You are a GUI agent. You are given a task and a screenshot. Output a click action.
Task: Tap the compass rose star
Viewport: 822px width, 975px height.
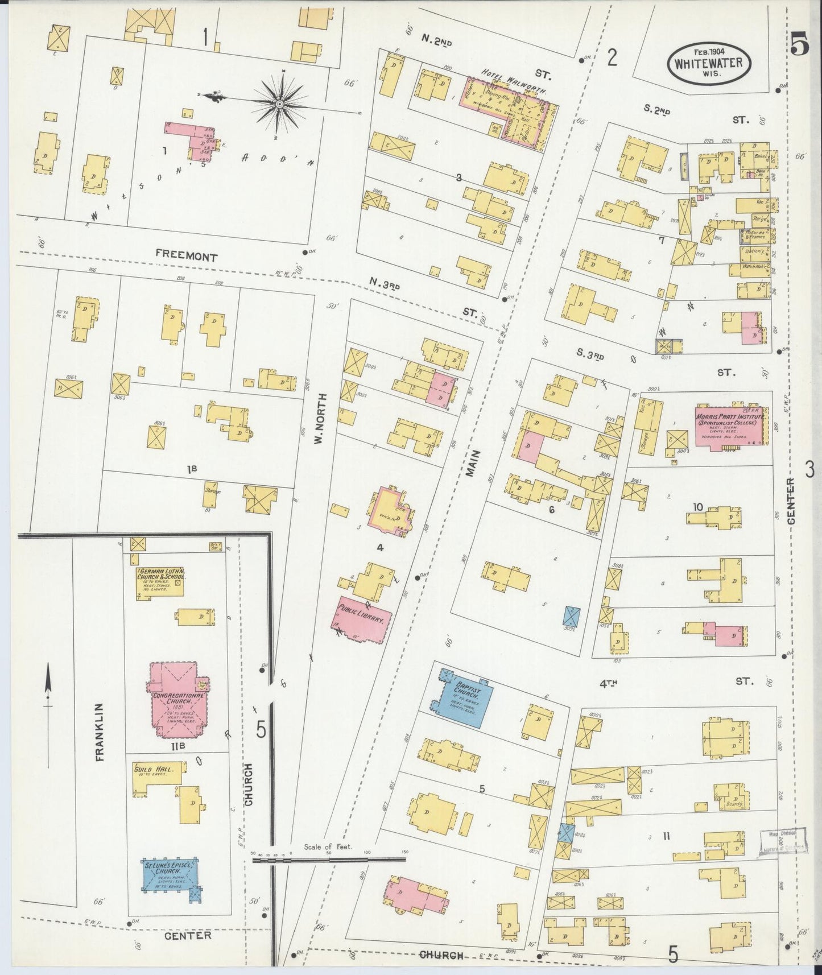click(281, 105)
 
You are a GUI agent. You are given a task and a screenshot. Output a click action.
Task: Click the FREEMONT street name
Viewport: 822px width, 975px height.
click(187, 257)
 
